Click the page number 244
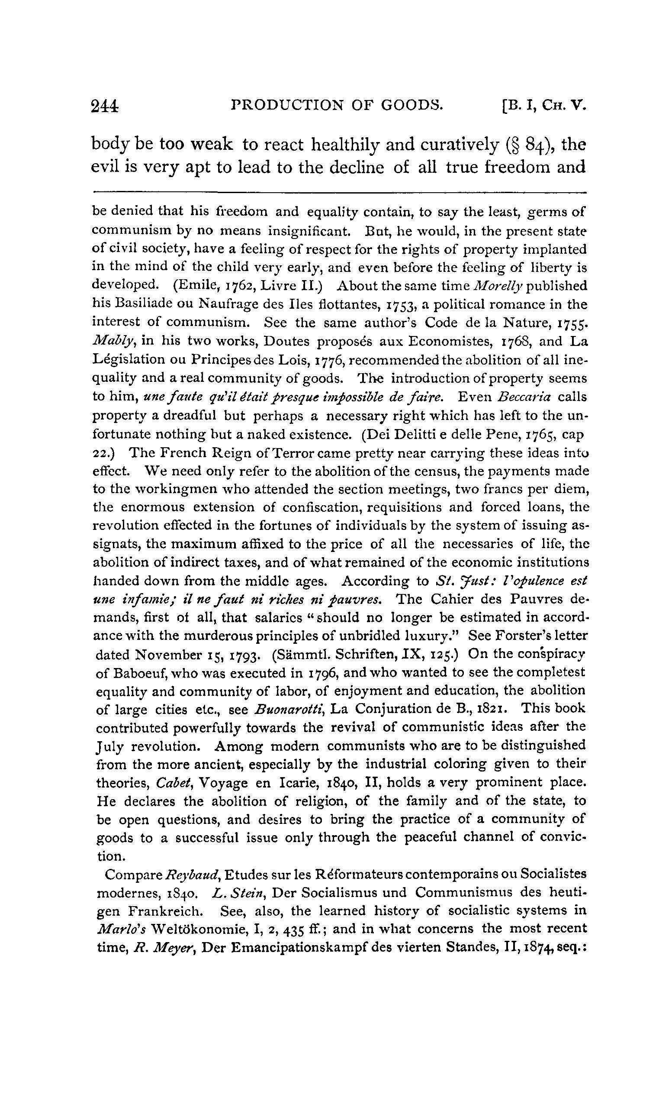pyautogui.click(x=104, y=107)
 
